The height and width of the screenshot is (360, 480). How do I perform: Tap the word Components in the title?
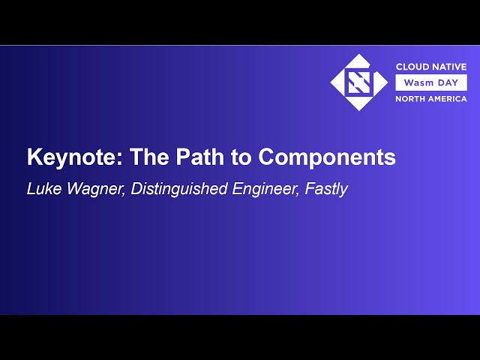click(328, 157)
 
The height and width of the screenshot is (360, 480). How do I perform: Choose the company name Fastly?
click(326, 189)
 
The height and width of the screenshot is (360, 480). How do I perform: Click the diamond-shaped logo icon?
click(360, 82)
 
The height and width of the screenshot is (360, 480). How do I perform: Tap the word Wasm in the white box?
click(418, 82)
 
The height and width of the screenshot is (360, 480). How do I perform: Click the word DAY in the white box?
click(448, 82)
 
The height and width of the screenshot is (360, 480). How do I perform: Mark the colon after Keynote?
click(123, 160)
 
